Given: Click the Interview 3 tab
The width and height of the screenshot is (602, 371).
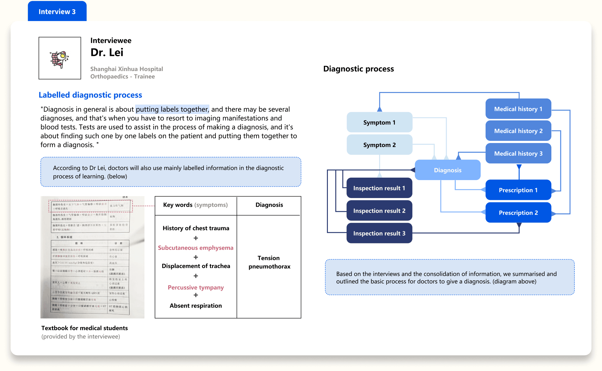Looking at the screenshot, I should point(57,11).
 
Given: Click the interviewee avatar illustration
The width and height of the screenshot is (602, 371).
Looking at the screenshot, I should point(60,58).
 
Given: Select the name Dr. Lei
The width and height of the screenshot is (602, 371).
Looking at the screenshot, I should point(107,53).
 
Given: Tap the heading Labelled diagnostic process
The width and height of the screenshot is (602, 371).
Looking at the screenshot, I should point(90,95).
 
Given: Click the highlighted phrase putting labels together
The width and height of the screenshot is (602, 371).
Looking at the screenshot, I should point(172,109).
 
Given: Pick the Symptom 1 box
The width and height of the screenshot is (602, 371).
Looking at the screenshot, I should point(379,122).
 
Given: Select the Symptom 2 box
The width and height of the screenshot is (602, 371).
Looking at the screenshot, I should point(379,145).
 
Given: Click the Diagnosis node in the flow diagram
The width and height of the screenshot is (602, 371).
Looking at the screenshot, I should point(447,170).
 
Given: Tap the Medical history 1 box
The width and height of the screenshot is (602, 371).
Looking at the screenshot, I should point(518,109).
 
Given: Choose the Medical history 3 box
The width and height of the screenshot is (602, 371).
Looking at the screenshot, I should point(518,153).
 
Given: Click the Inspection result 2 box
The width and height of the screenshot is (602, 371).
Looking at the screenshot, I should point(379,211).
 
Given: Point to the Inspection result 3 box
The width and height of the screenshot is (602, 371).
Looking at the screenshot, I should point(379,233).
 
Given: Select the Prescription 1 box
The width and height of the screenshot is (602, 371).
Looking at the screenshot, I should point(518,190).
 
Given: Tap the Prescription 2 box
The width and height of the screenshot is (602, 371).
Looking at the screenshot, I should point(518,213).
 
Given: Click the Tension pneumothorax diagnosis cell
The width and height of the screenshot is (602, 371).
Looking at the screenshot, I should point(269,262).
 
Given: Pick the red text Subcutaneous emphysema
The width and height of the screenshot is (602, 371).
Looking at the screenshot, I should point(196,248).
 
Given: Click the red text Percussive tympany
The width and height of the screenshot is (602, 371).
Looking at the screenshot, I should point(196,287).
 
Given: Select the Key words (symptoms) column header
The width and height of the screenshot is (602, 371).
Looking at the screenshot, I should point(195,205).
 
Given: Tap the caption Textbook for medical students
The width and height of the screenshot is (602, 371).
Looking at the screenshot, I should point(85,328).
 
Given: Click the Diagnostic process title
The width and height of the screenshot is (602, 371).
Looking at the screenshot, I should point(358,69).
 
